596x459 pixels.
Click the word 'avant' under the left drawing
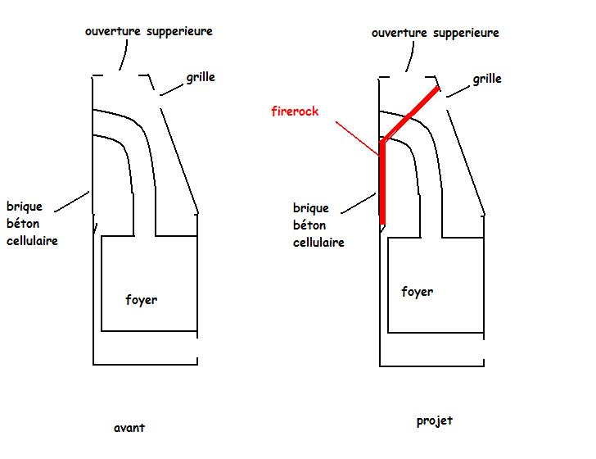coord(130,428)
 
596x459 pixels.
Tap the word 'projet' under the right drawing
coord(434,421)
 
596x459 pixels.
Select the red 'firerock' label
coord(294,111)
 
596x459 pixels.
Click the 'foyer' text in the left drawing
coord(141,300)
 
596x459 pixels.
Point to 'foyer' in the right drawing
coord(417,292)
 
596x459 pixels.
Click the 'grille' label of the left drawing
coord(201,77)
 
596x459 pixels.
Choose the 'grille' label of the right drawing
coord(487,80)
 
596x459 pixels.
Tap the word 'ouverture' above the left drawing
coord(112,31)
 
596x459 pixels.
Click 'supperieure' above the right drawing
coord(466,34)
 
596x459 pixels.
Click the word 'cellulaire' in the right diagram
coord(318,243)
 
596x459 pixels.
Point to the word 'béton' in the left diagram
coord(23,223)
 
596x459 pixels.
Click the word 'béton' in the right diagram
coord(309,225)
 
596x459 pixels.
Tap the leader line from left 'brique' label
coord(75,201)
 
